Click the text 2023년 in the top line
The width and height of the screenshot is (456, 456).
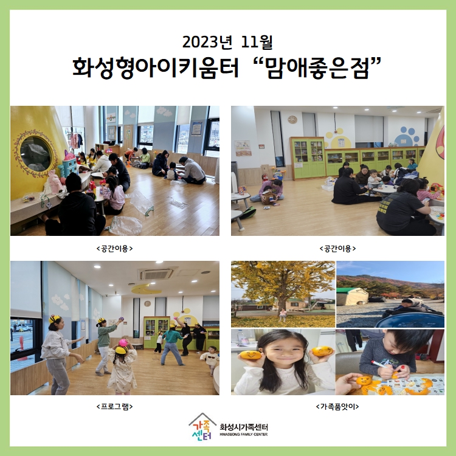pos(207,42)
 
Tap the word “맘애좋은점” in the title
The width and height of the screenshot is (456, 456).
pos(319,67)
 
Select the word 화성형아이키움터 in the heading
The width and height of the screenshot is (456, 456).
pos(155,67)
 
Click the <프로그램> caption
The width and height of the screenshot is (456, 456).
pos(114,406)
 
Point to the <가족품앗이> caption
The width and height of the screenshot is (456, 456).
pos(337,406)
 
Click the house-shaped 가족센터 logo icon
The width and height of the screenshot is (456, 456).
pos(202,426)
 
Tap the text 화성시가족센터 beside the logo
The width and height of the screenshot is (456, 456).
pos(244,427)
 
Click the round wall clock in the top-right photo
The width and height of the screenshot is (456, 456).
pos(292,120)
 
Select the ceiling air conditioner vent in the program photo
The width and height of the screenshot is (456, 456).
pos(156,274)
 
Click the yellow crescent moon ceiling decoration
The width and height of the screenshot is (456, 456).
pos(145,289)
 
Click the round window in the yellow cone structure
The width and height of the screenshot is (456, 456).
pos(36,153)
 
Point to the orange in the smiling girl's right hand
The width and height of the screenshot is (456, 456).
pos(250,356)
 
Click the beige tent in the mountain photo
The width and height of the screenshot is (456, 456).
pos(353,297)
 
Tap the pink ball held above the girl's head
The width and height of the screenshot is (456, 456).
pos(123,342)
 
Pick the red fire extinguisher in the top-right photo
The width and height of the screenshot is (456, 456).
pos(264,177)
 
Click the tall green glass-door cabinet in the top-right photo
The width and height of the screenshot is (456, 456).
pos(308,157)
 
